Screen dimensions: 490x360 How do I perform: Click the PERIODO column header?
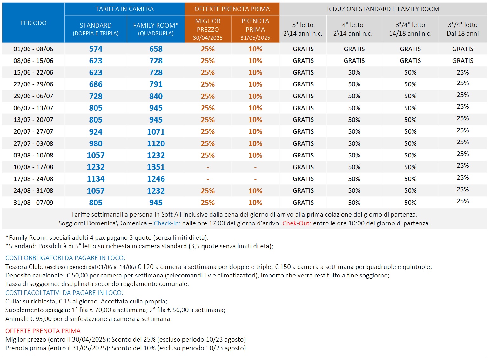point(33,23)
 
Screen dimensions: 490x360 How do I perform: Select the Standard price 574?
point(96,49)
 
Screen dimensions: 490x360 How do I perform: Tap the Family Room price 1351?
point(156,167)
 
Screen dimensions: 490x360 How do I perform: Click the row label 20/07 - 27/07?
point(33,131)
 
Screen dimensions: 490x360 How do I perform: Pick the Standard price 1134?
point(96,179)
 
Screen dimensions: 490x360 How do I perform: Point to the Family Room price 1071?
point(156,132)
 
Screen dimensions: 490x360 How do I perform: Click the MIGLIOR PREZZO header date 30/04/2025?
point(208,38)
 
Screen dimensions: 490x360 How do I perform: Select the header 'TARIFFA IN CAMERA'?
point(124,9)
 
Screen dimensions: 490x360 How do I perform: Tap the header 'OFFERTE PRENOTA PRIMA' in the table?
point(232,9)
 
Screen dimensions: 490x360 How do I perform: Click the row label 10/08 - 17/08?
point(33,167)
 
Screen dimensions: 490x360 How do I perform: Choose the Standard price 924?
point(96,132)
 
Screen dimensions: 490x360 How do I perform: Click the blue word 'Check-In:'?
point(167,223)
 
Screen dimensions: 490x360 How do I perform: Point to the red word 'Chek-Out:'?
point(297,223)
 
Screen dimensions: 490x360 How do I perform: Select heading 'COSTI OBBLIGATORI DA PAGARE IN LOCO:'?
point(65,258)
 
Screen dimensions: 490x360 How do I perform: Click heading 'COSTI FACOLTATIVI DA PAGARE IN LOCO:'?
point(64,293)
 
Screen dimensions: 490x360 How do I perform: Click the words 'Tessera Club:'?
point(24,267)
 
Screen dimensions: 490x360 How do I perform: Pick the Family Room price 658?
point(156,49)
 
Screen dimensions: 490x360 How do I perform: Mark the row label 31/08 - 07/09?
point(33,203)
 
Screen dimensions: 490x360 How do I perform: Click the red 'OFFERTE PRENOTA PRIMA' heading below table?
point(43,331)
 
